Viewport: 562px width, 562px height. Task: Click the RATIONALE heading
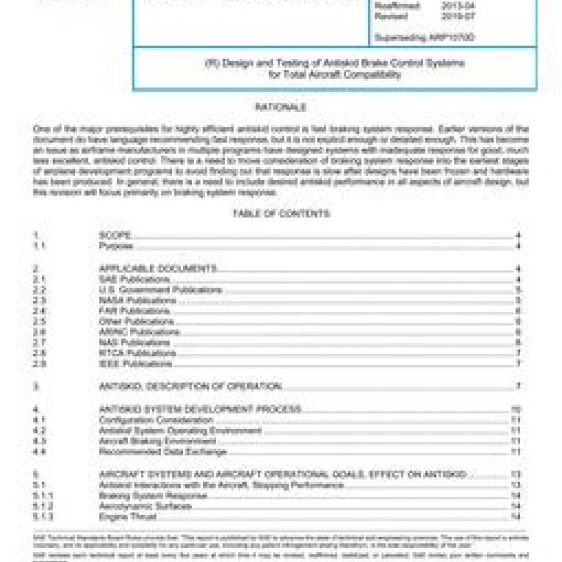point(280,107)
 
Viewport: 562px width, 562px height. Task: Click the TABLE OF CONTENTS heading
point(281,214)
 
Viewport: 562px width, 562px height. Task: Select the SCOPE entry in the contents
point(116,236)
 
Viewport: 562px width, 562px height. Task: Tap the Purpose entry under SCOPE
point(116,246)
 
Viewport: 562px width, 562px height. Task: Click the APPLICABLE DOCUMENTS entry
point(158,268)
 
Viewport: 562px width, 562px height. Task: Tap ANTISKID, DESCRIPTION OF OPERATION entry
point(191,386)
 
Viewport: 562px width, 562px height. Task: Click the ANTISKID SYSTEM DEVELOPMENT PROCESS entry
point(200,410)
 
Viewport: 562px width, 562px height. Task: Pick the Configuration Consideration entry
point(156,420)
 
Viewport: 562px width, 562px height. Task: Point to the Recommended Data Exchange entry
point(163,452)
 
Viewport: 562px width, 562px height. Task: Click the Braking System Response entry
point(153,495)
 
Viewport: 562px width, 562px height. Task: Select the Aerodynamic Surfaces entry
point(145,506)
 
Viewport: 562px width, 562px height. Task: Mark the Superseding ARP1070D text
point(424,37)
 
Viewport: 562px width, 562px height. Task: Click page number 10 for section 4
point(516,410)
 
